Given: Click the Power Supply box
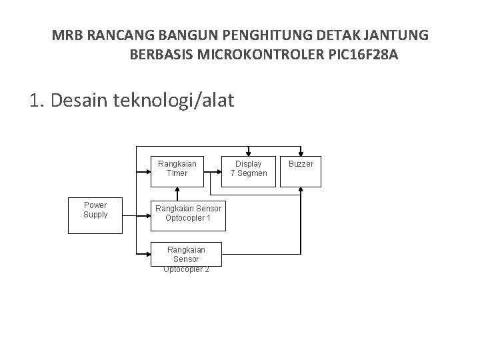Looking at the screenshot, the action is [96, 214].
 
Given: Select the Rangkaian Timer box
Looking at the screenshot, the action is [177, 169].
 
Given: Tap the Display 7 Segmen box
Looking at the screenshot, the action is [248, 169].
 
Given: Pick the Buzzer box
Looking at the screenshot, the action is [301, 169].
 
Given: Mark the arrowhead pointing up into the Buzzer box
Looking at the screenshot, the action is [301, 189].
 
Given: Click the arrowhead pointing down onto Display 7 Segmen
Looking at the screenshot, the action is [248, 149].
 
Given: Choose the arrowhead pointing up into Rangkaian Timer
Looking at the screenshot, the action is [177, 189].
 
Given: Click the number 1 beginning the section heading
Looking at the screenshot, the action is [35, 101].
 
